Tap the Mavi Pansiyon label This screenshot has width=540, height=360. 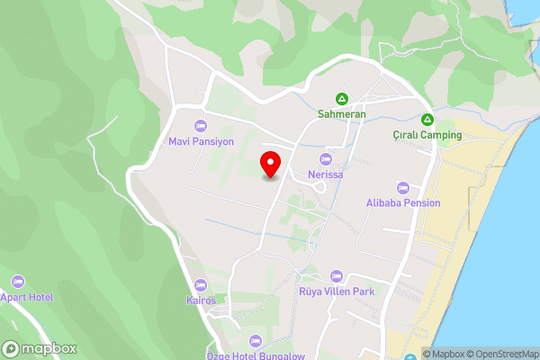coord(201,141)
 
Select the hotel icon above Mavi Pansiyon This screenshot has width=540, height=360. coord(201,125)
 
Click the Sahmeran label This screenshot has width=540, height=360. coord(342,114)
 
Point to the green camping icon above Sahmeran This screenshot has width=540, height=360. coord(342,98)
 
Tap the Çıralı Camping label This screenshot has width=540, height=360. coord(427,135)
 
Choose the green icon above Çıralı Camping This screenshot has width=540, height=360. coord(427,120)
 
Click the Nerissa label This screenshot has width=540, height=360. coord(325,174)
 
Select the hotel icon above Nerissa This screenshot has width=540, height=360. coord(325,158)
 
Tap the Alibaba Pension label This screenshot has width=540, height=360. coord(402,202)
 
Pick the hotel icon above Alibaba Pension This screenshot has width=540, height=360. coord(402,187)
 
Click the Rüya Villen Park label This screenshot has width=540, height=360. coord(337,291)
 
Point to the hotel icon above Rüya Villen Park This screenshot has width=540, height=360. coord(337,275)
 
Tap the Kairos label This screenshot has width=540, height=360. coord(202,300)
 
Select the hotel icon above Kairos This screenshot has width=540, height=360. coord(202,284)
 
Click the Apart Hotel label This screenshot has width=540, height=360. coord(26,297)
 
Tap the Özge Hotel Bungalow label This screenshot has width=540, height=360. coord(256,355)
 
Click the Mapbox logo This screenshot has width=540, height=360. coord(40,348)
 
